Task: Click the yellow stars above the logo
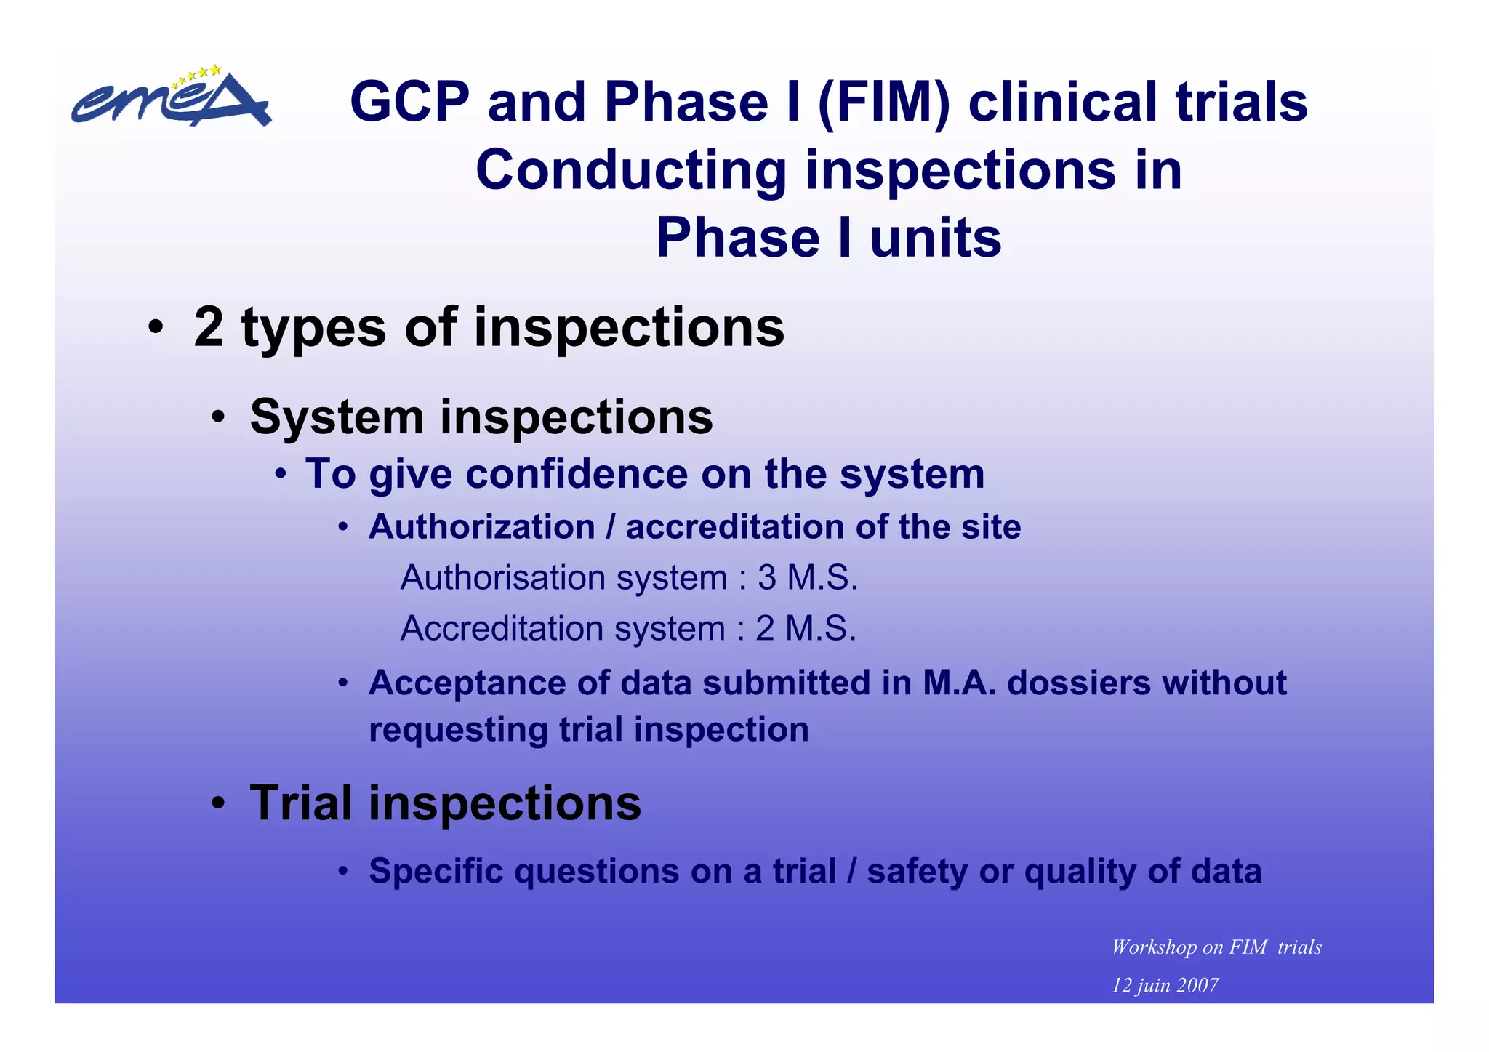coord(197,74)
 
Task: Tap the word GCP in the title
coord(409,102)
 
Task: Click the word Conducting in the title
coord(630,170)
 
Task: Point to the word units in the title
coord(936,238)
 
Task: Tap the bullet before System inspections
coord(218,418)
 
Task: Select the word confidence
coord(577,474)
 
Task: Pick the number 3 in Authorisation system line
coord(767,578)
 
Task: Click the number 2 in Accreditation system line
coord(765,629)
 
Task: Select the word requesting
coord(458,729)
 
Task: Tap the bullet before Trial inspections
coord(218,805)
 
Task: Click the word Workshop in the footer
coord(1154,947)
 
